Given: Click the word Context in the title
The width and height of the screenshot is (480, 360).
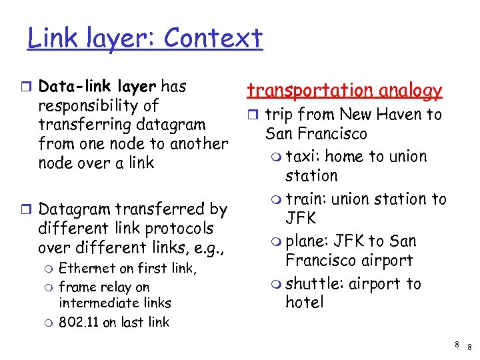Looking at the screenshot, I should pyautogui.click(x=213, y=39).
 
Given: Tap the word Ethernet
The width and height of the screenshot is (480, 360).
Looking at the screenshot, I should pyautogui.click(x=86, y=269).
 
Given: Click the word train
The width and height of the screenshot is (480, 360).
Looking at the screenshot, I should pyautogui.click(x=305, y=199).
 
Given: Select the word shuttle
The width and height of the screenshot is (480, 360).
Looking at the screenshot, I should pyautogui.click(x=313, y=284).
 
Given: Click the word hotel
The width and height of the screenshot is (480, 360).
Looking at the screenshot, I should pyautogui.click(x=305, y=302).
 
